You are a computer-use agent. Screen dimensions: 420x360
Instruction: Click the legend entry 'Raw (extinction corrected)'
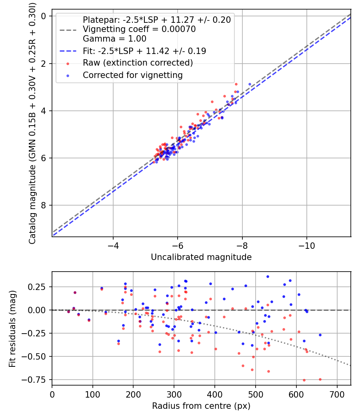coord(138,63)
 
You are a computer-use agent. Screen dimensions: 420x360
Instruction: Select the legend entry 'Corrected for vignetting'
coord(132,75)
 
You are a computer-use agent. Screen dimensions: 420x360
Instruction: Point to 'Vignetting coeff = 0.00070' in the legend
coord(139,29)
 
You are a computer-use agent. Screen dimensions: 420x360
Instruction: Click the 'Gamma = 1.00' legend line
coord(114,39)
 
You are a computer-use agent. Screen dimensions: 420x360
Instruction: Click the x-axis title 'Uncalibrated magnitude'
coord(201,257)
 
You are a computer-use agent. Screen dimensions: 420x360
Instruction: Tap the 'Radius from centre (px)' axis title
coord(201,406)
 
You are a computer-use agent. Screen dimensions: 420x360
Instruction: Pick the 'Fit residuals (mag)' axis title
coord(13,328)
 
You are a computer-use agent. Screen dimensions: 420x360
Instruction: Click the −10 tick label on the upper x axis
coord(306,244)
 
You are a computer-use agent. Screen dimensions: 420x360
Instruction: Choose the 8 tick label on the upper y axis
coord(44,206)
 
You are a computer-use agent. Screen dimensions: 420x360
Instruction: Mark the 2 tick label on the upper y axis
coord(44,64)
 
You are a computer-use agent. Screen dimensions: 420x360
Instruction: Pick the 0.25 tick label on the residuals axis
coord(37,287)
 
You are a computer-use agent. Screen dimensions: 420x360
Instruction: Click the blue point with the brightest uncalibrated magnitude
coord(250,84)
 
